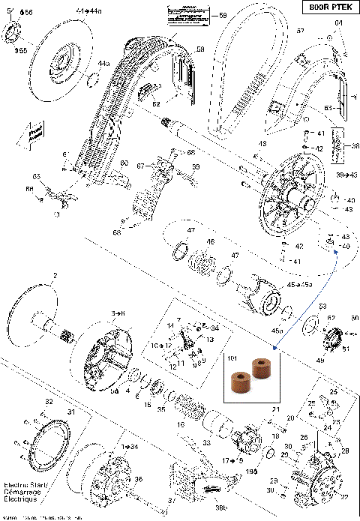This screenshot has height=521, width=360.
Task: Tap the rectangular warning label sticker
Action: [184, 14]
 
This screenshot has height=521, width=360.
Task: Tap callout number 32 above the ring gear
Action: [49, 403]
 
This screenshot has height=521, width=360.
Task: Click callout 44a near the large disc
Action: [103, 64]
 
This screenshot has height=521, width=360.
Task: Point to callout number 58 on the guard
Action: [200, 49]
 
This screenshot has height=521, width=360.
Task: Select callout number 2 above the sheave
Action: [54, 276]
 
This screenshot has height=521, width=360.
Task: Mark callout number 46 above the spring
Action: [211, 242]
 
